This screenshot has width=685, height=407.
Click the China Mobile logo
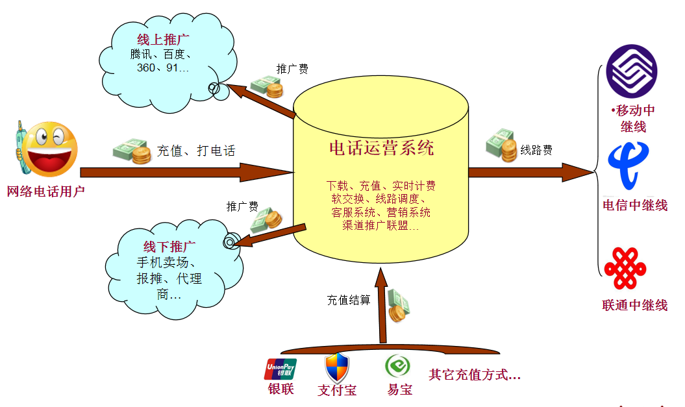point(631,70)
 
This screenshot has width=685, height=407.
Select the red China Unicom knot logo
point(625,267)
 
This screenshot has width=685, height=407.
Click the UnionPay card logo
point(280,369)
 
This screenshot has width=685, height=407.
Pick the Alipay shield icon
point(337,368)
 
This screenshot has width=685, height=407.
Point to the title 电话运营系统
point(381,149)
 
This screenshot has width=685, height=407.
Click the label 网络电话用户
point(46,191)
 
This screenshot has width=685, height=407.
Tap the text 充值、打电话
point(196,151)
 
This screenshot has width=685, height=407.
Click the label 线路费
point(536,151)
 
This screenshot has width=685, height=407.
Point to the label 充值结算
point(348,301)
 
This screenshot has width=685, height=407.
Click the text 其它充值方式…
point(475,375)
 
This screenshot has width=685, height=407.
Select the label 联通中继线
point(634,305)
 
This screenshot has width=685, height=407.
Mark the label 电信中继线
point(634,206)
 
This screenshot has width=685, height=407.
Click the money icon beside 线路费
point(500,145)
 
